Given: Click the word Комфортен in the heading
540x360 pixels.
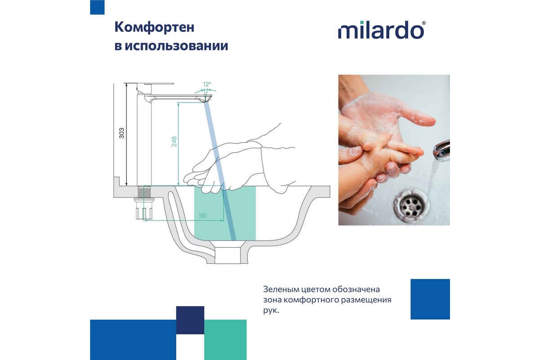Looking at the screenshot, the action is click(x=154, y=27).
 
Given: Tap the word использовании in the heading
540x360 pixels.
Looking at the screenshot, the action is click(x=176, y=46).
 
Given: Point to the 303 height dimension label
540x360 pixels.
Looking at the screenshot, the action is click(x=122, y=133).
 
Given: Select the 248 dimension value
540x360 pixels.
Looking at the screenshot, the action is click(x=174, y=141).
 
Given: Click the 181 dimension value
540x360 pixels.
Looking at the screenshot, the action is click(x=202, y=216).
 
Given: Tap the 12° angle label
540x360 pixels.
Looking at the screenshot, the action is click(x=207, y=85).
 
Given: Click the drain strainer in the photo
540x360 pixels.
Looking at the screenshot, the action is click(x=411, y=206).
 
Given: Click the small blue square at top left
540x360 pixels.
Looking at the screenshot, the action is click(x=97, y=7).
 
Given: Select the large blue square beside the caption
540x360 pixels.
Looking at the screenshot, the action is click(x=430, y=299).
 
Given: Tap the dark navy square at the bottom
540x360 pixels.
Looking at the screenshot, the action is click(x=190, y=320).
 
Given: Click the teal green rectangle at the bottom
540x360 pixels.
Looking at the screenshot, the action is click(x=225, y=340).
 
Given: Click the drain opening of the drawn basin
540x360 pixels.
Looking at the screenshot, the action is click(x=228, y=255).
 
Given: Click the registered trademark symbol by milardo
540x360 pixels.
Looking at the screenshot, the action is click(x=424, y=23).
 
